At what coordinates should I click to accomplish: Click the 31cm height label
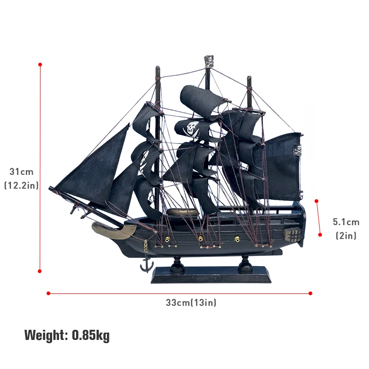(x=22, y=172)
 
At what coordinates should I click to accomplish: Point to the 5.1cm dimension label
(x=346, y=222)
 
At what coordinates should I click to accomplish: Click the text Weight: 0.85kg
(x=67, y=335)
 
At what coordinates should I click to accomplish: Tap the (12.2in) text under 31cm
(x=22, y=185)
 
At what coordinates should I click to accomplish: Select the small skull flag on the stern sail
(x=298, y=150)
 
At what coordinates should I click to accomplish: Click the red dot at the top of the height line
(x=40, y=65)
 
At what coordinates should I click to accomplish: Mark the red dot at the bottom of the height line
(x=40, y=271)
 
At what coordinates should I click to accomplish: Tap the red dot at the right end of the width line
(x=310, y=293)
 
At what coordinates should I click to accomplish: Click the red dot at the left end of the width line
(x=48, y=293)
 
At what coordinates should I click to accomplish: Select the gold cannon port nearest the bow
(x=167, y=240)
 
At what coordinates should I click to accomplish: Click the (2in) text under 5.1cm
(x=346, y=236)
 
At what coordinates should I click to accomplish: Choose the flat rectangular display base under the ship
(x=211, y=275)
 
